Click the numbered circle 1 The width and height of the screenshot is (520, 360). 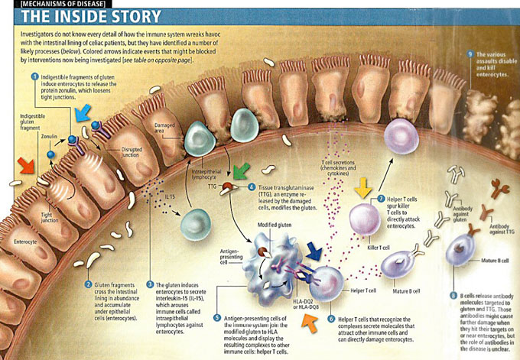click(x=34, y=77)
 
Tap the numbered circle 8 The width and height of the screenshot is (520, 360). click(x=453, y=294)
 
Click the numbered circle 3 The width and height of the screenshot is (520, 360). click(x=150, y=283)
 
